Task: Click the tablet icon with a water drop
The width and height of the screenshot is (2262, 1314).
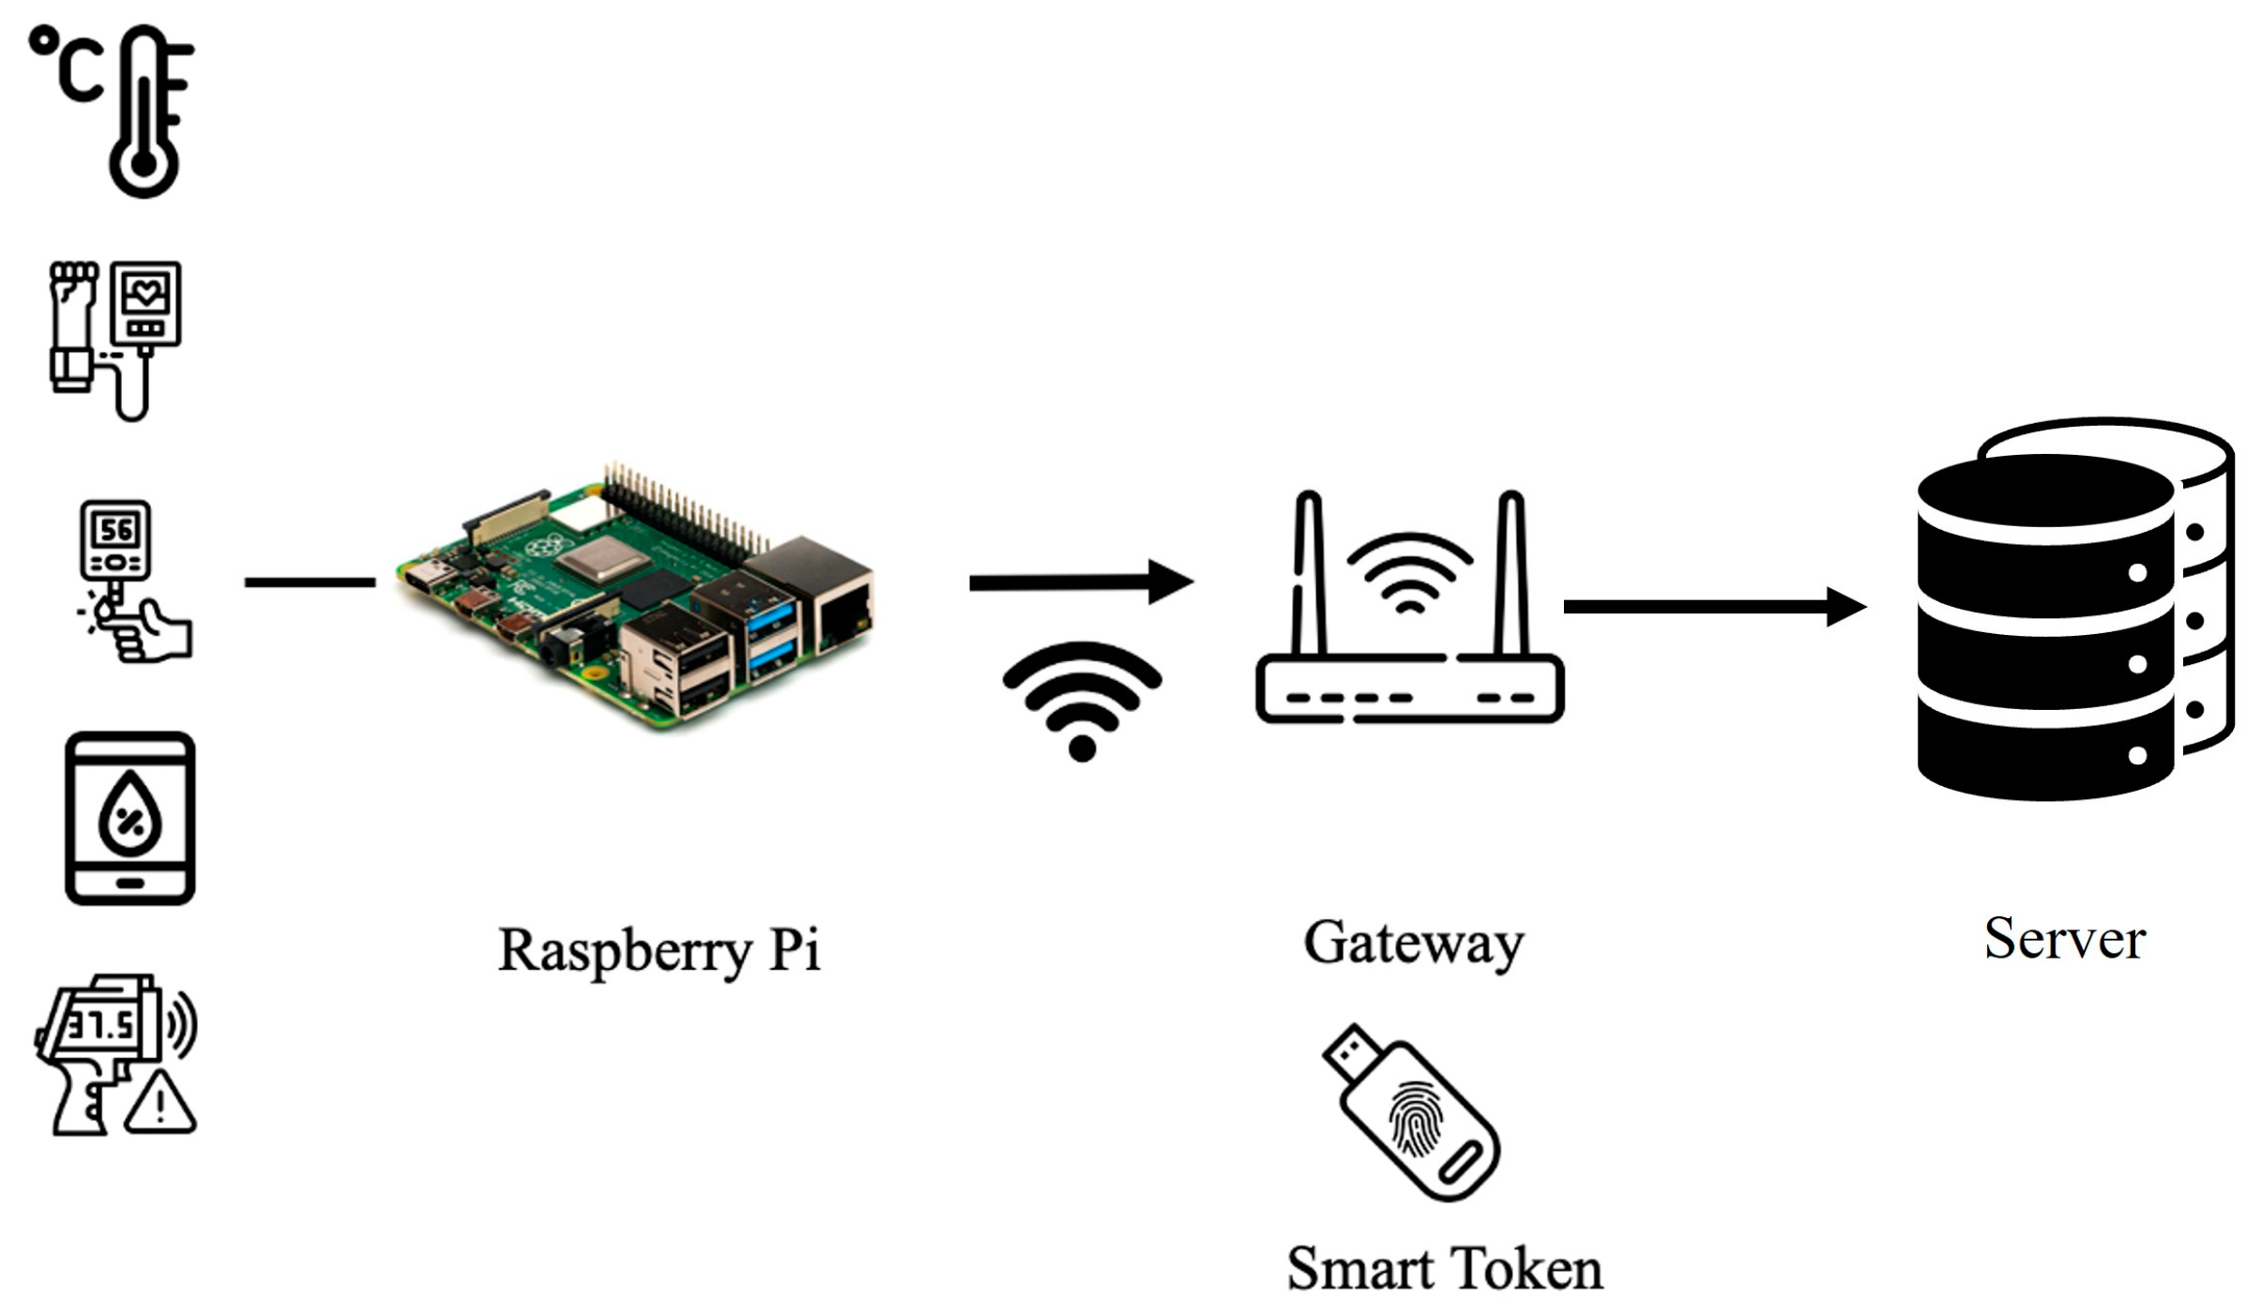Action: point(129,818)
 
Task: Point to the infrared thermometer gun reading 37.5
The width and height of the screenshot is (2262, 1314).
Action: point(99,1041)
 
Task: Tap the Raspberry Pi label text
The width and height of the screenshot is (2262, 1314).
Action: point(659,950)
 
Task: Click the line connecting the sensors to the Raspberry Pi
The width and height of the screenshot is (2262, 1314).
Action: point(310,582)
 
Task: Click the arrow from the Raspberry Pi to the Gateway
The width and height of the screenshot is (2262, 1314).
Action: point(1079,582)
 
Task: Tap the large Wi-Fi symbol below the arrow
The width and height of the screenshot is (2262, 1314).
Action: point(1082,699)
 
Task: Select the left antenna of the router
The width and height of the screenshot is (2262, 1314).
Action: point(1309,572)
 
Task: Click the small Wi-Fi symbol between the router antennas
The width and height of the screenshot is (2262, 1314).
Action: point(1409,572)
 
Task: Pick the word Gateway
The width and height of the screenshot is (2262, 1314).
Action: point(1413,943)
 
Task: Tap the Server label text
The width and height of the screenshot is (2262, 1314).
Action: point(2064,938)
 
